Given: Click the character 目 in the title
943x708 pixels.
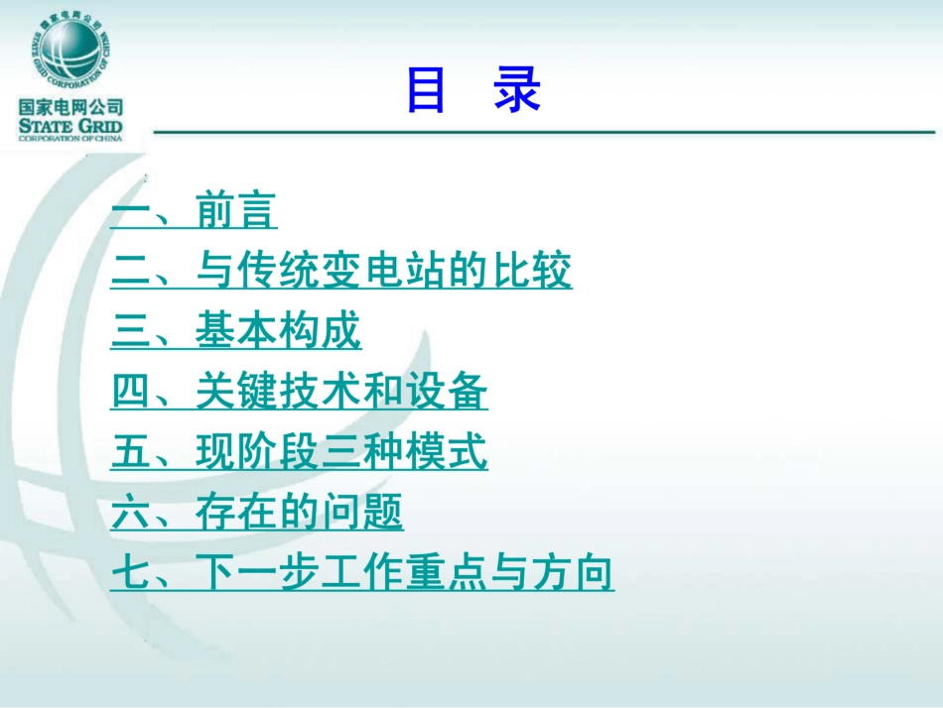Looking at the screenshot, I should coord(426,91).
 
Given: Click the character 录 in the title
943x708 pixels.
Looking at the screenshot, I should coord(516,91).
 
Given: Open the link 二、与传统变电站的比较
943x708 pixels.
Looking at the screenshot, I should coord(341,272).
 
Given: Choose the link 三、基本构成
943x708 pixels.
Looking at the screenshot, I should coord(236,332).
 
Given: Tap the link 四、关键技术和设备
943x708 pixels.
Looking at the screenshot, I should coord(299,393).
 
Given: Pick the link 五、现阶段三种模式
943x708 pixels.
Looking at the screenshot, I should coord(299,453).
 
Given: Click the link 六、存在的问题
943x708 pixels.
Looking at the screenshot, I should coord(257,514).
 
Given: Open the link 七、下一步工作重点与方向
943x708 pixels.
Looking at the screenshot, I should coord(362,574).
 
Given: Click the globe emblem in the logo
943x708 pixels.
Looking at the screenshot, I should coord(69,50).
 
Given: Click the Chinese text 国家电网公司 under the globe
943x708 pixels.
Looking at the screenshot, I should coord(69,107).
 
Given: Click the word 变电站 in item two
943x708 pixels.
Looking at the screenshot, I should coord(384,272).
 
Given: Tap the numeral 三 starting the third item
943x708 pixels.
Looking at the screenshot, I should coord(129,332).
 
